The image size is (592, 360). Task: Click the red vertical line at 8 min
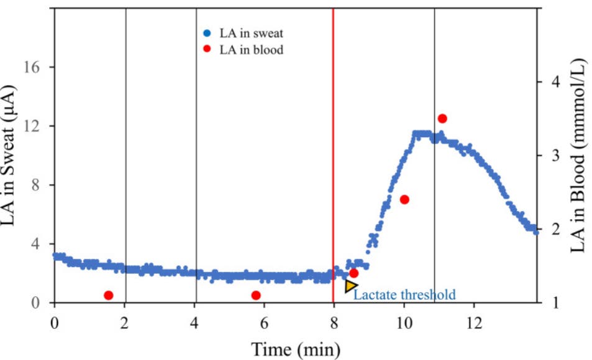pos(334,155)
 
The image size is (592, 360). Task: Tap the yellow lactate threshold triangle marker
pos(351,286)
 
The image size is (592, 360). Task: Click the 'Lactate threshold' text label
pos(404,294)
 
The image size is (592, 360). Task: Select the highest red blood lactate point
pos(442,119)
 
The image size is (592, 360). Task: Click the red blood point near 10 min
pos(404,199)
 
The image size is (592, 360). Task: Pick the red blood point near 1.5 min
pos(108,295)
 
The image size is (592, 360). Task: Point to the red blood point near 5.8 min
pos(255,295)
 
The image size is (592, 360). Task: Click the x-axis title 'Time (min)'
pos(295,349)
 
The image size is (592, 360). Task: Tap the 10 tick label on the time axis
pos(404,323)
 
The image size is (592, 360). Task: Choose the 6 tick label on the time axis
pos(264,323)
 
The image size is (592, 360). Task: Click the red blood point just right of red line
pos(353,273)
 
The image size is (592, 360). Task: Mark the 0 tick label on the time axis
pos(55,323)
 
